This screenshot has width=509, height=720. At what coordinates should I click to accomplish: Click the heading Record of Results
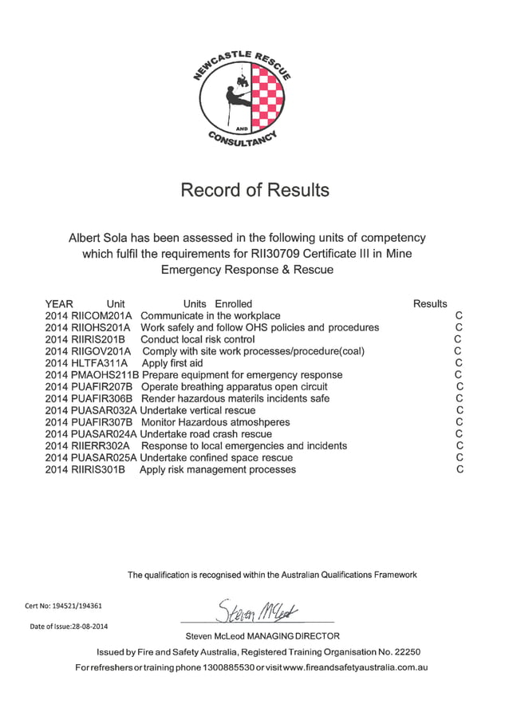[254, 190]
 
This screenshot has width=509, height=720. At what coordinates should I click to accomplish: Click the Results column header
[430, 303]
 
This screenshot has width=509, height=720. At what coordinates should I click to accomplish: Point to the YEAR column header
[59, 303]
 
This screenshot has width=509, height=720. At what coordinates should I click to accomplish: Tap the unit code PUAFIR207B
[102, 386]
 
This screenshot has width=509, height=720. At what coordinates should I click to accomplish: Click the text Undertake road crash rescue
[206, 434]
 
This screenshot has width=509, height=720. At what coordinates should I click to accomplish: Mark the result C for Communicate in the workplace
[459, 315]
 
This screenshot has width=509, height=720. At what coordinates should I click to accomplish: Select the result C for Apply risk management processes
[460, 469]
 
